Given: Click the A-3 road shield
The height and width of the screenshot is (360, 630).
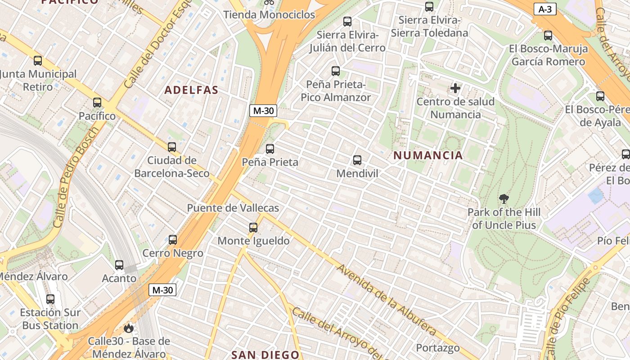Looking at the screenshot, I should [x=545, y=9].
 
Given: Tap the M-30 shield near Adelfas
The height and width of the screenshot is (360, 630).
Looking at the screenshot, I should [x=263, y=111].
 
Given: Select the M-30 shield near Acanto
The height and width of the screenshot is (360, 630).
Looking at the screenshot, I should [x=162, y=290].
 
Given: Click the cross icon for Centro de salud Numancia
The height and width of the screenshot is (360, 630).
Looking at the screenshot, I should [x=455, y=88].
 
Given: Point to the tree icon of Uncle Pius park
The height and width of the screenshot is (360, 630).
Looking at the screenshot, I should [x=504, y=198].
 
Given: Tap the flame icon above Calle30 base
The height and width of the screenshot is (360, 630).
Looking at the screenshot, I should [x=129, y=328].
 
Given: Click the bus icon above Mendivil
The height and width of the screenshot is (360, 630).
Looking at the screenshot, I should [x=357, y=160].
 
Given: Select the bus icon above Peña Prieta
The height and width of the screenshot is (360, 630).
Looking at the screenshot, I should [x=270, y=148].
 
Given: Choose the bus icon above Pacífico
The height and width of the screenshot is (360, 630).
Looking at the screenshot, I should [x=97, y=103].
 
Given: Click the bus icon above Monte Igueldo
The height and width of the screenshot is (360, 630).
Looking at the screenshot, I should [x=253, y=228].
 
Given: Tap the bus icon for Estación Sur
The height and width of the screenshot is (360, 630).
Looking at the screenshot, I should [x=50, y=299].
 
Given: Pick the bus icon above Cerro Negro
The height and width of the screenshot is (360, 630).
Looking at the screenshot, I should [x=173, y=240].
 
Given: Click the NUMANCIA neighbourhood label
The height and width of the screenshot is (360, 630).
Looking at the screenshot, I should [x=428, y=155].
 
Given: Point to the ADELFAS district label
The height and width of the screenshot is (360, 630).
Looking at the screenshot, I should [x=191, y=90].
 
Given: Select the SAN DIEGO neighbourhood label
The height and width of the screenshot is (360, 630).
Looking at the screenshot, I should [x=265, y=355].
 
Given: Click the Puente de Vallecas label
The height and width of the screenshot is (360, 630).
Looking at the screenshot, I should [x=233, y=208].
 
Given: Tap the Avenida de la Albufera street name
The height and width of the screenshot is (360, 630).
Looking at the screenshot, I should [x=386, y=300].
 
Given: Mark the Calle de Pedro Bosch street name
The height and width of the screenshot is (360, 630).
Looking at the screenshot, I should [x=76, y=177].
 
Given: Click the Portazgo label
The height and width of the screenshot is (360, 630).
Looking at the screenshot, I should [x=438, y=348].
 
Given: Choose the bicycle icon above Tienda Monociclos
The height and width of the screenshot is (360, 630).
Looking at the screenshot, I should [x=269, y=2].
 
